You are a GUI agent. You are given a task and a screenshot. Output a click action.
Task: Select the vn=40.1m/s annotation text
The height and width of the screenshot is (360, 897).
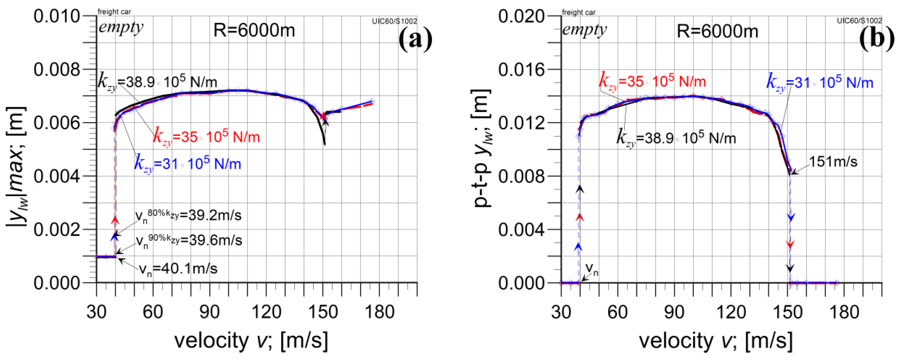point(178,269)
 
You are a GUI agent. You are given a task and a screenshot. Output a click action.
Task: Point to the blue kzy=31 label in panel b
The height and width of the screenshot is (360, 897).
point(820,83)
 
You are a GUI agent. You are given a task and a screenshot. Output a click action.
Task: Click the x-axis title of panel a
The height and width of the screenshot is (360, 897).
point(251,340)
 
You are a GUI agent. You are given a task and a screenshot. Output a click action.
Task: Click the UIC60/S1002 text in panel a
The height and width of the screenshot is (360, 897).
point(394,21)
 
